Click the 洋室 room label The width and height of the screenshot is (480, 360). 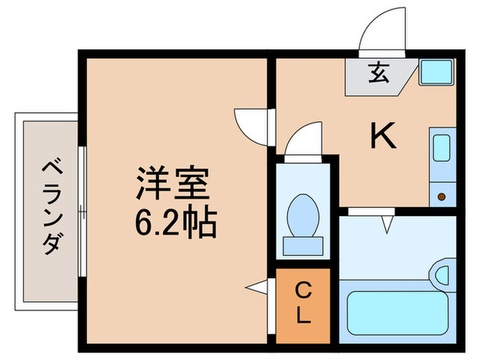(173, 183)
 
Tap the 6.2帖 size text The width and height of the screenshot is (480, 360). (176, 221)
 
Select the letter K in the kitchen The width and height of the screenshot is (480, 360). (383, 135)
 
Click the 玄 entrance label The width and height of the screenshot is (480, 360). (379, 73)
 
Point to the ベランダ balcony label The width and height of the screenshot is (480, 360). (52, 206)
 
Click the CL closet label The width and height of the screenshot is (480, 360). (303, 303)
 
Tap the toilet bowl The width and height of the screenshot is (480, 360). (303, 215)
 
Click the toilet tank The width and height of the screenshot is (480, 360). (303, 245)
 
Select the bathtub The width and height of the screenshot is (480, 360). (398, 312)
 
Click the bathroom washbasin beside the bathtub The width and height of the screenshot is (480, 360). (443, 275)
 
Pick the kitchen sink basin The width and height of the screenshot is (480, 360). (442, 148)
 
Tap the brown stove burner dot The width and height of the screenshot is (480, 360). (442, 197)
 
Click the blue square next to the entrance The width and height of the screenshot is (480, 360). (436, 72)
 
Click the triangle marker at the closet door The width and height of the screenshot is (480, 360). (256, 287)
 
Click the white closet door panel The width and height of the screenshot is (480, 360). (272, 306)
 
